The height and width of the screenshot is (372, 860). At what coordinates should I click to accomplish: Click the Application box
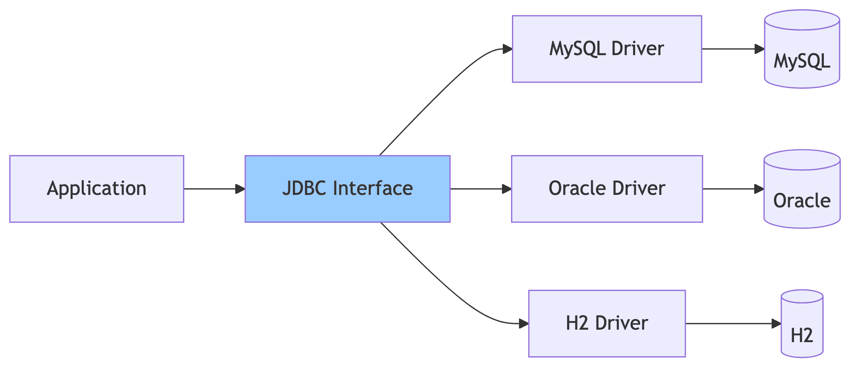pyautogui.click(x=97, y=189)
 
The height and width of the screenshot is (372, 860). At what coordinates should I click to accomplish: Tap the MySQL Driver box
pyautogui.click(x=607, y=49)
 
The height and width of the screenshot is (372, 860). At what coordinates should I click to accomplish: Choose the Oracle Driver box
pyautogui.click(x=607, y=189)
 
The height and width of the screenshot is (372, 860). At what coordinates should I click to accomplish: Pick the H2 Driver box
pyautogui.click(x=607, y=323)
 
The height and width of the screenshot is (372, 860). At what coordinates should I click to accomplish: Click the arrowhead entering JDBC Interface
pyautogui.click(x=240, y=189)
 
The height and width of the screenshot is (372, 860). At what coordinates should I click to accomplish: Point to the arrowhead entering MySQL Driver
pyautogui.click(x=507, y=49)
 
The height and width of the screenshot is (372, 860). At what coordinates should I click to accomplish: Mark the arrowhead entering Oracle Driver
pyautogui.click(x=507, y=189)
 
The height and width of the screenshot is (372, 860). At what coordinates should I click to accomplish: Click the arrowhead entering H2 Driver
pyautogui.click(x=524, y=323)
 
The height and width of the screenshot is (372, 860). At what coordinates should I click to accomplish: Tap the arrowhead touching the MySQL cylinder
pyautogui.click(x=760, y=49)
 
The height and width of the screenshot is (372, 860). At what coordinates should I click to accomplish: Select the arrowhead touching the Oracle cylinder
pyautogui.click(x=759, y=189)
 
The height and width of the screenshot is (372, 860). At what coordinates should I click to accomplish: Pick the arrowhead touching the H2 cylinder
pyautogui.click(x=776, y=323)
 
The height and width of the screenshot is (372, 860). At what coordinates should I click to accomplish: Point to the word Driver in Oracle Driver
pyautogui.click(x=638, y=189)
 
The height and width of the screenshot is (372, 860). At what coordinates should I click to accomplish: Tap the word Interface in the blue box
pyautogui.click(x=373, y=189)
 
